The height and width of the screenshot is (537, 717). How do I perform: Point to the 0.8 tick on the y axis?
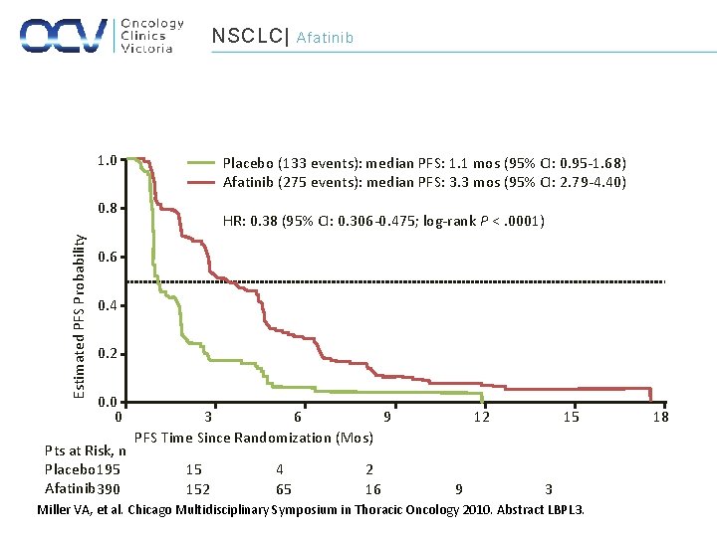[107, 209]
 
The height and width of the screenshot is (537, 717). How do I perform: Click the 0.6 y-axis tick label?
[107, 258]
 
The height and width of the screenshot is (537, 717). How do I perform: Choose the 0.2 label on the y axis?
[107, 354]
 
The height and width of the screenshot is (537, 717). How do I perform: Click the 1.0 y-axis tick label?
[107, 161]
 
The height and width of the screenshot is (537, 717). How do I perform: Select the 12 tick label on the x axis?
[482, 418]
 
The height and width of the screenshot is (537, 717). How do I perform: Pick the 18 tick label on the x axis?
[660, 418]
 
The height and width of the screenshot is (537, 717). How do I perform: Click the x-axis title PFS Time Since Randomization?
[253, 438]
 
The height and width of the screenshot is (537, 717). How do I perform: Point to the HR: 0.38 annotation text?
[383, 221]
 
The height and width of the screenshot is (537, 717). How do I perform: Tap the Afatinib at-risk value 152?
[198, 489]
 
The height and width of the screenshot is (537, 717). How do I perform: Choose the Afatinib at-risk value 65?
[284, 489]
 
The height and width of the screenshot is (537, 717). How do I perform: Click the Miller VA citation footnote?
[310, 510]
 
